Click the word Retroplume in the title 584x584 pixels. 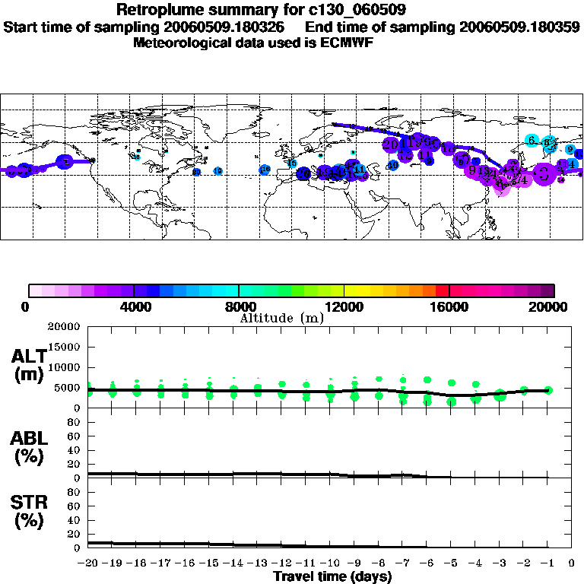pos(154,10)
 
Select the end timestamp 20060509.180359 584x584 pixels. pos(519,27)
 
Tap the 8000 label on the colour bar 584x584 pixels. pos(239,307)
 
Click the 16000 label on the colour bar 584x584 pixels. pos(449,307)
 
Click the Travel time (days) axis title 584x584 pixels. pos(332,577)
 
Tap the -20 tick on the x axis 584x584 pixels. pos(89,563)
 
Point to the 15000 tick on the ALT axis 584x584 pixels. pos(64,347)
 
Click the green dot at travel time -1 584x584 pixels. pos(548,390)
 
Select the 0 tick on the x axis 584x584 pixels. pos(572,563)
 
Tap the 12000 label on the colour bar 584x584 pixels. pos(344,307)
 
